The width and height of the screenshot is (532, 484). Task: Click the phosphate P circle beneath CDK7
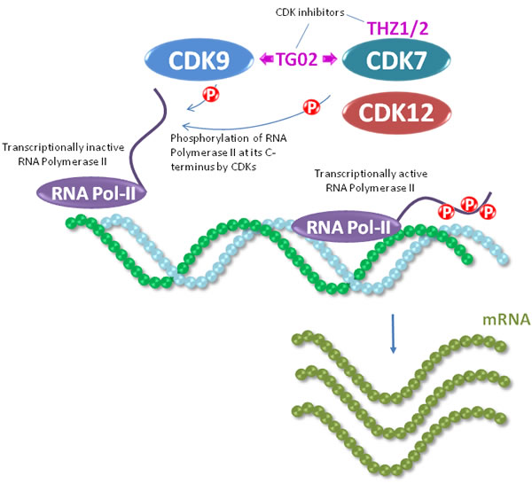[311, 108]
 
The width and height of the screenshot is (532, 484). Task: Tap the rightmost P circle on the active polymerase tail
[487, 213]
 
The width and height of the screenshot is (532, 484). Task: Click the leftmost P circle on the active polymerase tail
[447, 213]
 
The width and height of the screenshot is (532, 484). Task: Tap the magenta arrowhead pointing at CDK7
[330, 61]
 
